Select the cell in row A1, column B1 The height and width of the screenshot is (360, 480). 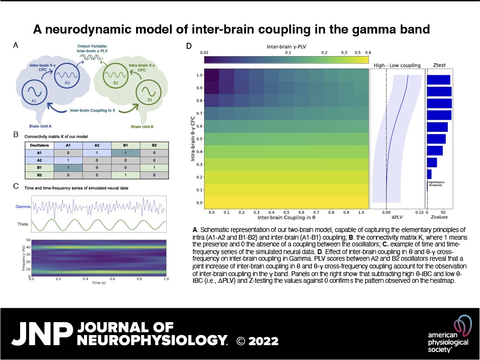click(x=125, y=152)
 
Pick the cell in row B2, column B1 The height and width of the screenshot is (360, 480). click(x=125, y=175)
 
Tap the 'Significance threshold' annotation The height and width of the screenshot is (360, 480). click(x=437, y=183)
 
